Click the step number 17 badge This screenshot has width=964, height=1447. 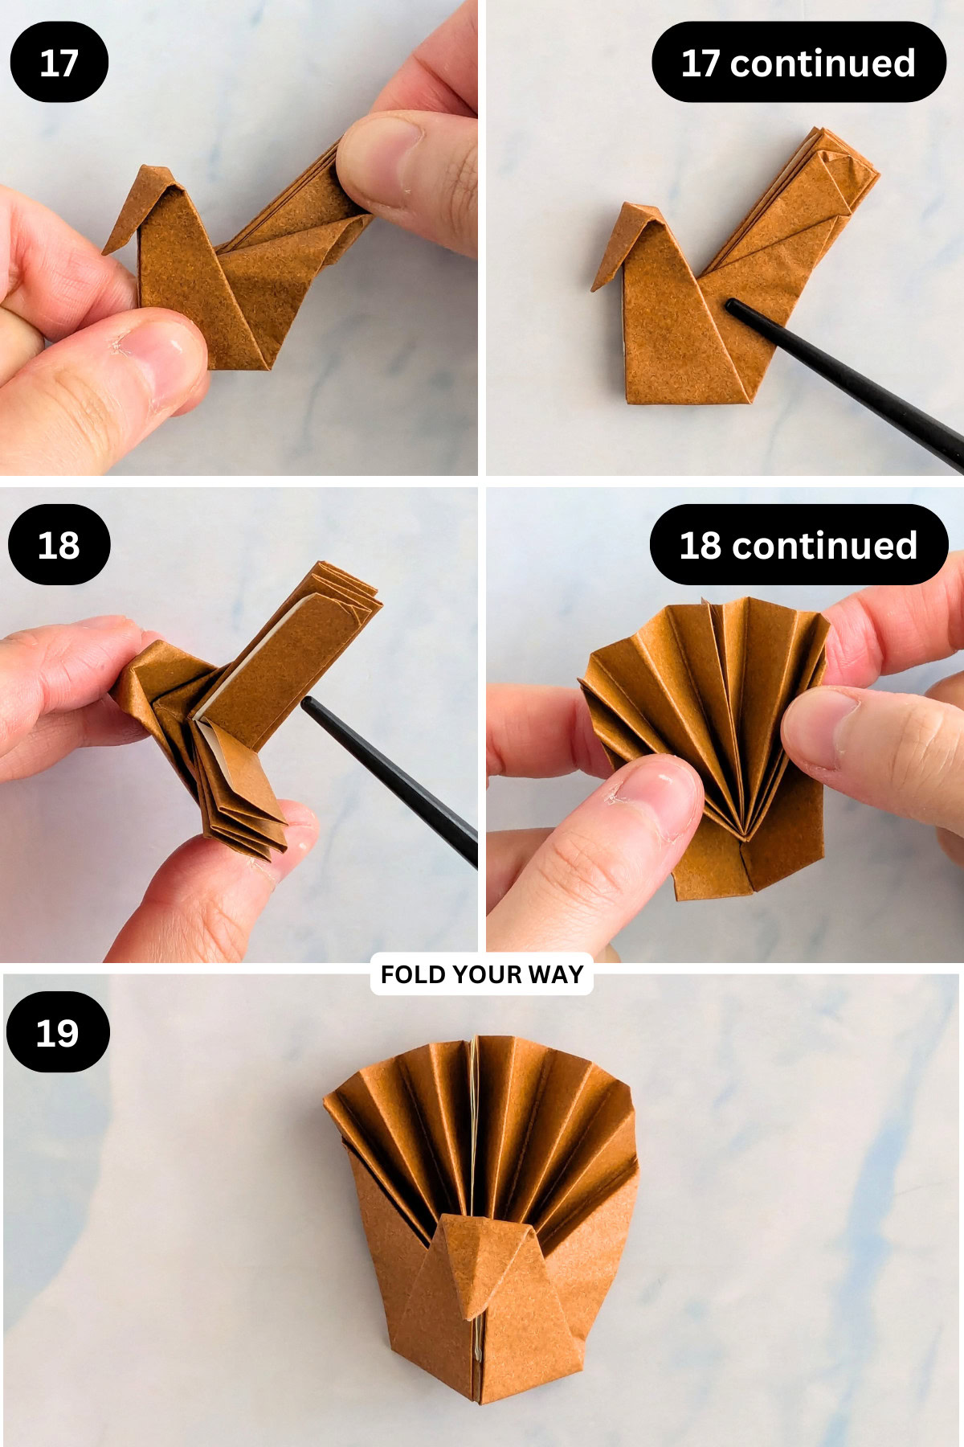click(x=59, y=63)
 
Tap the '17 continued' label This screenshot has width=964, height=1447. click(x=798, y=63)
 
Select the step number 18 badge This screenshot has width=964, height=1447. click(x=59, y=545)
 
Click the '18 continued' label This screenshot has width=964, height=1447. click(x=798, y=545)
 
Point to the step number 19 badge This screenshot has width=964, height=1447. click(x=57, y=1032)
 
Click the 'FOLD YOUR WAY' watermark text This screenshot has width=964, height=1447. click(x=481, y=974)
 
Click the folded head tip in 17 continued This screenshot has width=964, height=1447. click(x=595, y=287)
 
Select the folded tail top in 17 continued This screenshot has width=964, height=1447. click(x=835, y=149)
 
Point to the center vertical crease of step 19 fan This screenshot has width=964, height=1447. click(x=476, y=1125)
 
